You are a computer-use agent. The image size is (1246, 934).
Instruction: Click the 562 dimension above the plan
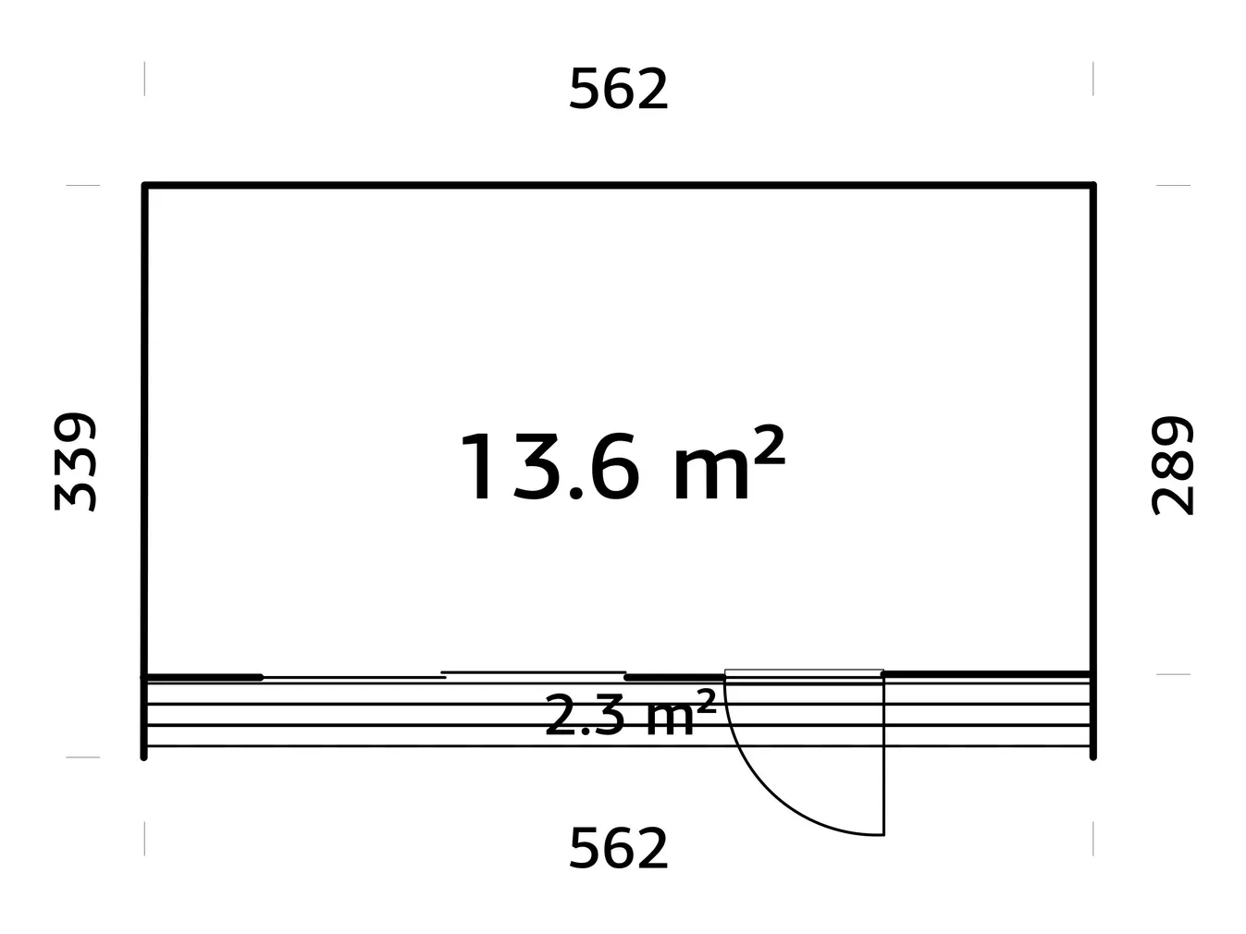618,91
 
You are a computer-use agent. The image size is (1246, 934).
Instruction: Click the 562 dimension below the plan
618,849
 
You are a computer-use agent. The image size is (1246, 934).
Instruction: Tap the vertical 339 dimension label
75,461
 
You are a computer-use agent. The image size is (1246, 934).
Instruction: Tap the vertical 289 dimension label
1172,465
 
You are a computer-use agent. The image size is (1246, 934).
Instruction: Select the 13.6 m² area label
620,467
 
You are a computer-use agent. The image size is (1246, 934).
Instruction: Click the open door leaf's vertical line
884,758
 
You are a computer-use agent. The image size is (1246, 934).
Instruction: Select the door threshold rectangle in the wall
803,672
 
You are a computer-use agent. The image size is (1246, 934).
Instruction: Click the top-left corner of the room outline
144,186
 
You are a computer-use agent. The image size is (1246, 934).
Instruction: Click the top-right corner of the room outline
1093,186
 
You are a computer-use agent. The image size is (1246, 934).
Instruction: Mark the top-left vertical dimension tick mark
144,79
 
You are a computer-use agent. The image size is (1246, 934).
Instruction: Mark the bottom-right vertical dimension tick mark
1093,838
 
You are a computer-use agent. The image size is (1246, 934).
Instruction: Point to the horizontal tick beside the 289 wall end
1173,674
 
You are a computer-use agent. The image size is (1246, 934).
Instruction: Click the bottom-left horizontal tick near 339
83,756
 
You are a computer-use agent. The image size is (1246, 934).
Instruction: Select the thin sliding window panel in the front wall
533,672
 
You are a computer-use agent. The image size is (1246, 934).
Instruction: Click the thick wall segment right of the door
988,674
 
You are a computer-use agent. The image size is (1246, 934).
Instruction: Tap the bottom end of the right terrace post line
1093,756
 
